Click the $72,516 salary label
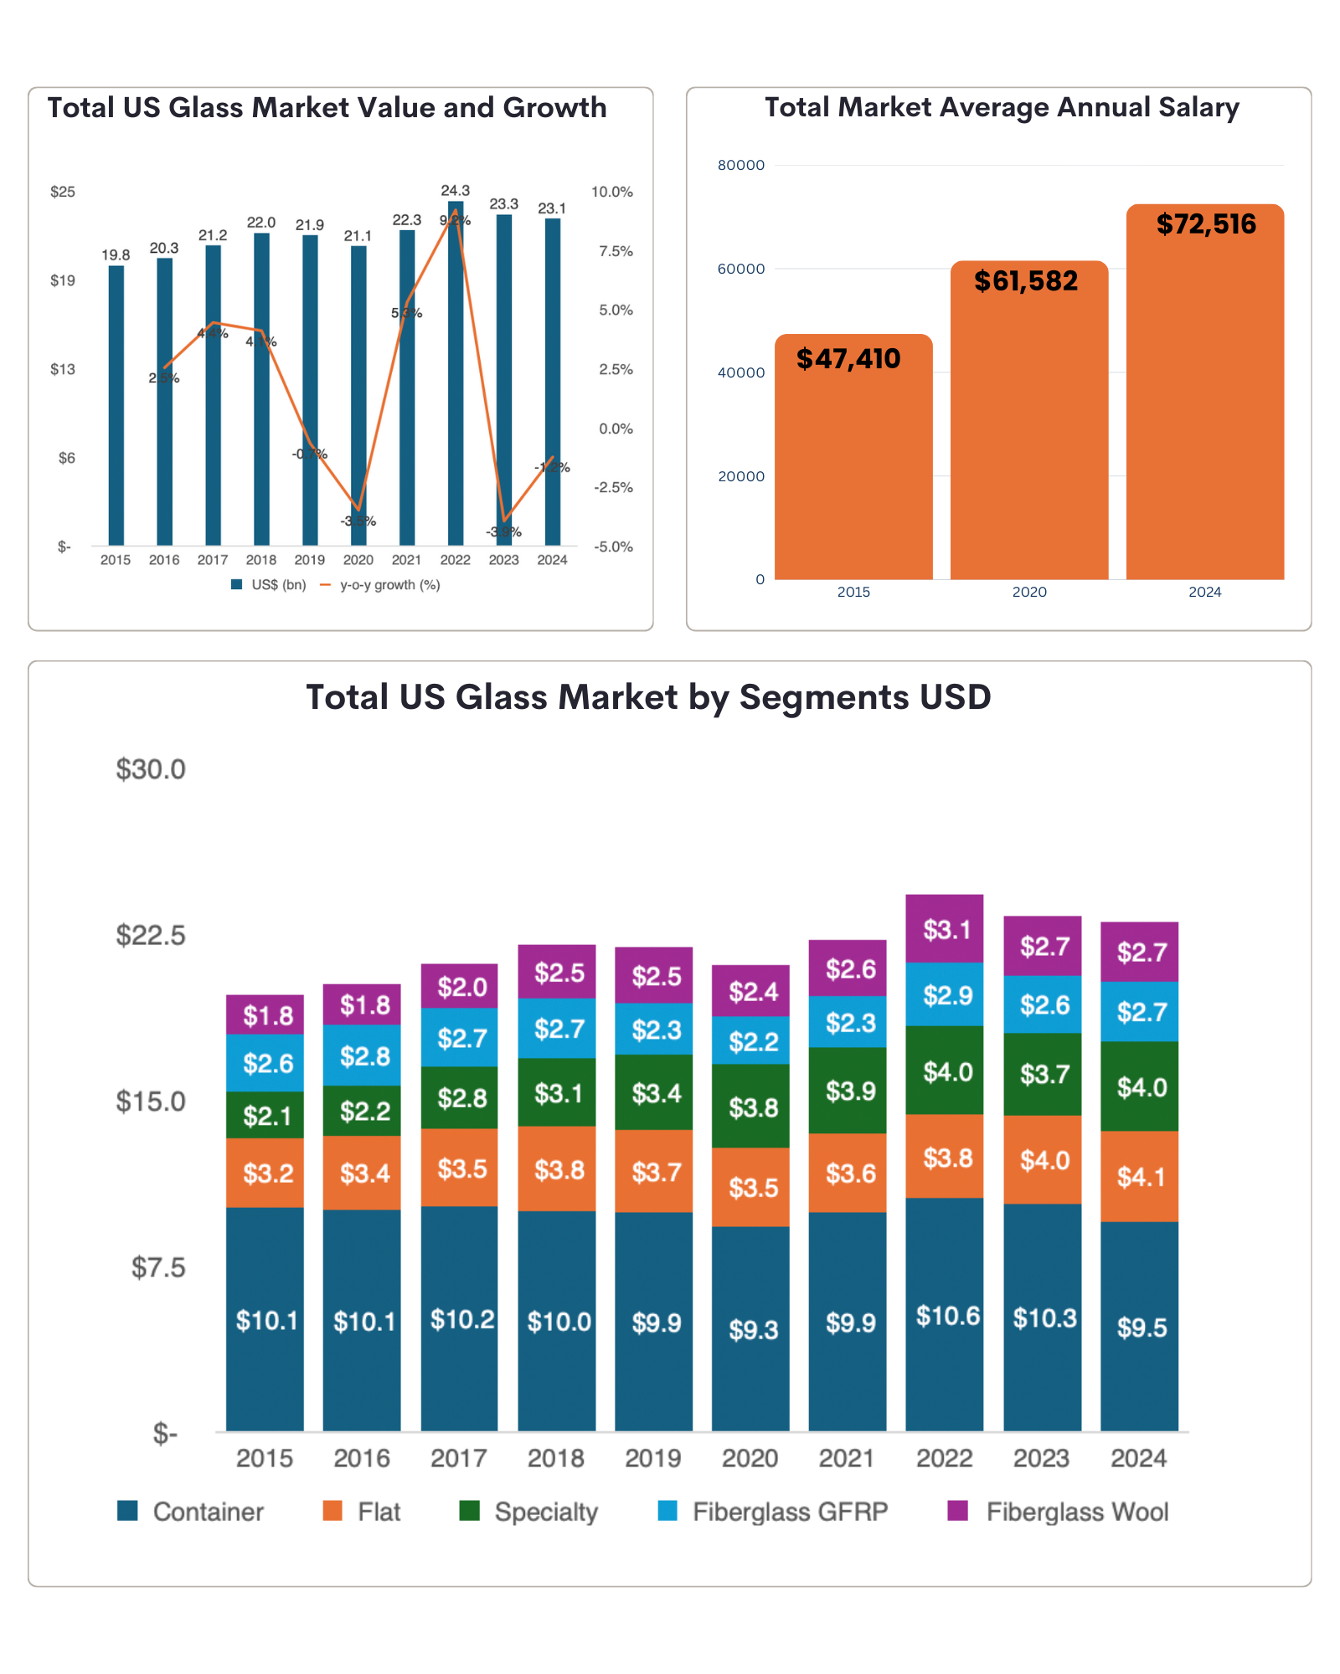(x=1206, y=224)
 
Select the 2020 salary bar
(x=1029, y=418)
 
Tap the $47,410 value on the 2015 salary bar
(x=848, y=359)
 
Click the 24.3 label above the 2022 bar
(x=456, y=191)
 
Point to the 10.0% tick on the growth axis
(x=612, y=192)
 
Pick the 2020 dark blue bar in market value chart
(x=358, y=393)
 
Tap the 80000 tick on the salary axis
(x=741, y=165)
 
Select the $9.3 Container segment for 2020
(x=751, y=1329)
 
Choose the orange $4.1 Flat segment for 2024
(x=1140, y=1177)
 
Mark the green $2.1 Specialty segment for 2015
(x=265, y=1115)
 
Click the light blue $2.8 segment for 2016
(x=363, y=1055)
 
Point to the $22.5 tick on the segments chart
(x=151, y=935)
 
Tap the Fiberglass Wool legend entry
(x=1076, y=1512)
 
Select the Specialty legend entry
(x=545, y=1512)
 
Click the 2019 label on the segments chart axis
(x=653, y=1458)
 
